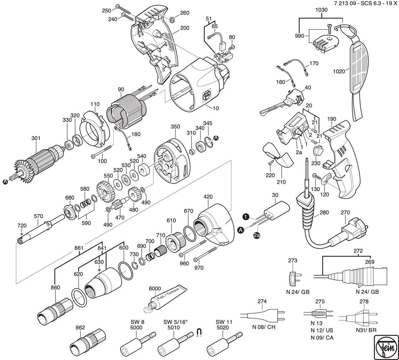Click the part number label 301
[36, 138]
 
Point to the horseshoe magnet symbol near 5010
[199, 332]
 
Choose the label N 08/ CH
[264, 327]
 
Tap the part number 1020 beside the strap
[339, 71]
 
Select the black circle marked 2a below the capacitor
[257, 235]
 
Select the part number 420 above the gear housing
[208, 197]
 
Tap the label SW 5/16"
[175, 322]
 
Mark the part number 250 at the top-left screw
[106, 10]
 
